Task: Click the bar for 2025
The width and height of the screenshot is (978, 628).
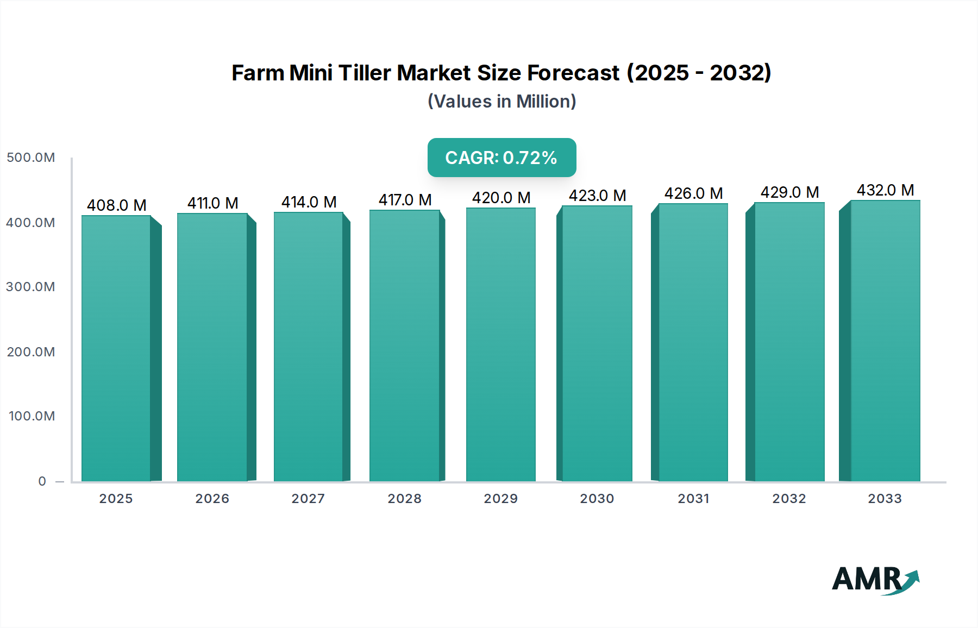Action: (116, 348)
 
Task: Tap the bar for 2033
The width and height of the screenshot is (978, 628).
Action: (885, 341)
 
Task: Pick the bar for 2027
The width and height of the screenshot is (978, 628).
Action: (308, 346)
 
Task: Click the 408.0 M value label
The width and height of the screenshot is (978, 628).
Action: (117, 205)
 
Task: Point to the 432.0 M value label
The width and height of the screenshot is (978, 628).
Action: (885, 190)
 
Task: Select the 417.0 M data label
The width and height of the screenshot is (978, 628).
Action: (405, 200)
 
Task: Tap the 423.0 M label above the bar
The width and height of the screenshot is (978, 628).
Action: (597, 196)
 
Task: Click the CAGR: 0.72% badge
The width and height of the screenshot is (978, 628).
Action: (501, 158)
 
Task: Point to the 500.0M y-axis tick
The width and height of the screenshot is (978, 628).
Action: (30, 158)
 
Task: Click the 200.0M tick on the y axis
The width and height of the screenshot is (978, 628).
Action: (30, 352)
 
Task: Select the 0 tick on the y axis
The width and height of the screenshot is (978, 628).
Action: (42, 481)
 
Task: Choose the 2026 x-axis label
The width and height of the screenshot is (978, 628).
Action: (212, 499)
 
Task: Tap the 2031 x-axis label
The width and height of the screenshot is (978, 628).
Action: (693, 499)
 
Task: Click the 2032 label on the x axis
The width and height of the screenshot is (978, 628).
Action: (789, 499)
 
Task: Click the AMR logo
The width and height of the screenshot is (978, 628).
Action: (875, 580)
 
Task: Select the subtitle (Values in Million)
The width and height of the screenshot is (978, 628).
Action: (501, 102)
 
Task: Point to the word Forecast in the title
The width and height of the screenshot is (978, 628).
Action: (573, 73)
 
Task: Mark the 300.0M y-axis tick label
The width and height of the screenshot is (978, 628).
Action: (30, 287)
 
